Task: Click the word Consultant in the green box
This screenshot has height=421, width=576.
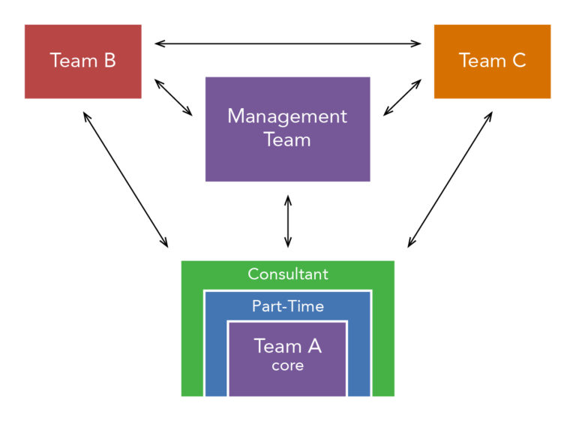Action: tap(288, 274)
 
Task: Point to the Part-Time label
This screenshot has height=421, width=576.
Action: tap(288, 306)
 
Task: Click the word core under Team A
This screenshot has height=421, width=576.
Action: tap(288, 365)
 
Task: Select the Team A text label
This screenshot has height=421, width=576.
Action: tap(288, 346)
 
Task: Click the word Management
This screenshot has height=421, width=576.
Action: tap(287, 117)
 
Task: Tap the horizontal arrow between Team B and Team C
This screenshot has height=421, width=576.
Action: tap(288, 44)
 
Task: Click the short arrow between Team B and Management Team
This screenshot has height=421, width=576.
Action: tap(173, 97)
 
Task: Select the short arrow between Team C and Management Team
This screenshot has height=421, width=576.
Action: tap(403, 97)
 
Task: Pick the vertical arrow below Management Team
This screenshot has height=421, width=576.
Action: tap(288, 221)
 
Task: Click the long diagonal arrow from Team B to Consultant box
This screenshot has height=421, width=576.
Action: tap(125, 179)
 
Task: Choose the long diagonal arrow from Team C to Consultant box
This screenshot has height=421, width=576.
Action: tap(450, 179)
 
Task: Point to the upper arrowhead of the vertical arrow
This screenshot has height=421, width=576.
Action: tap(288, 200)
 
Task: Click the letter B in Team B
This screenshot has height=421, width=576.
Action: tap(109, 61)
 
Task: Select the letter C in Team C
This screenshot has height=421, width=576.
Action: tap(518, 61)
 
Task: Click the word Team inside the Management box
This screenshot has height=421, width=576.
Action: tap(287, 139)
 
